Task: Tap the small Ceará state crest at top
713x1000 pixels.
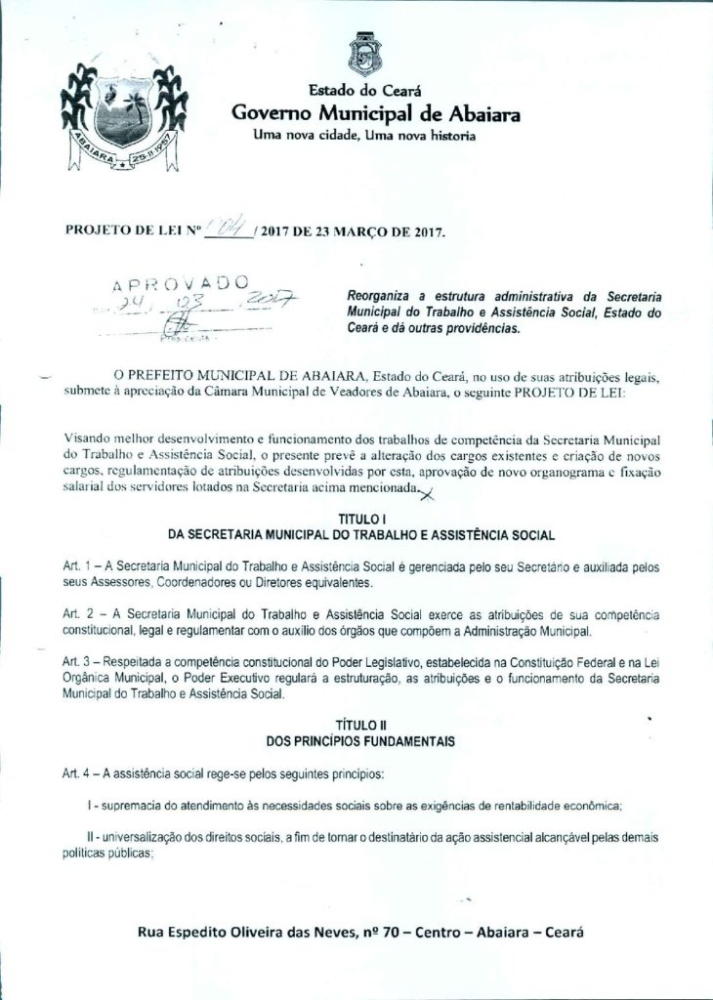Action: click(x=365, y=55)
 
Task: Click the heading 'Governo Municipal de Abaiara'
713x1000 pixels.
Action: click(x=376, y=113)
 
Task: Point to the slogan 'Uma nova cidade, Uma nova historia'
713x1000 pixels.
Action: click(x=364, y=135)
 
